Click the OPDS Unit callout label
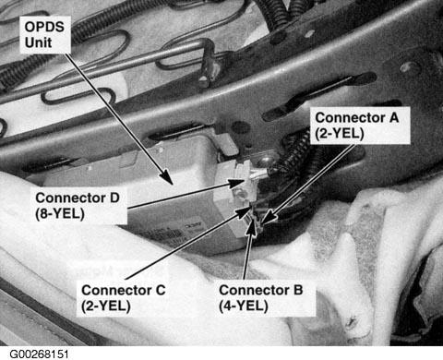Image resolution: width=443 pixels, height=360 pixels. pos(44,34)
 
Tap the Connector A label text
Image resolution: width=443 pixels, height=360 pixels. pos(357,126)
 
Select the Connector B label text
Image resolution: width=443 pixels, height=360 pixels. pos(261,298)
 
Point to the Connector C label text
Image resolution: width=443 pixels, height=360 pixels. pos(124,298)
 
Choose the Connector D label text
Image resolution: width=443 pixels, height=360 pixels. pos(78,206)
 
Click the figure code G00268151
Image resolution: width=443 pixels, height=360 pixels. pos(39,354)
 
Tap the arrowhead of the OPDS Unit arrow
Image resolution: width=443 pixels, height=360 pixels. pos(167,177)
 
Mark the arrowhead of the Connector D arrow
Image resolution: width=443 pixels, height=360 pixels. pos(238,184)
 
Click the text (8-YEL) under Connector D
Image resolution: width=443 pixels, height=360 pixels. pos(60,213)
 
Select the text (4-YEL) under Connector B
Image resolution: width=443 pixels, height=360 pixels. pos(244,306)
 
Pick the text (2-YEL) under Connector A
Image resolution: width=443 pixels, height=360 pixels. pos(340,134)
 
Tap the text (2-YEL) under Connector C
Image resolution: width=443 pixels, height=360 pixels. pos(106,306)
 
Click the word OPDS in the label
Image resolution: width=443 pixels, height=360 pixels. pos(44,27)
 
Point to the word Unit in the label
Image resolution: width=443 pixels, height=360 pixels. pos(38,42)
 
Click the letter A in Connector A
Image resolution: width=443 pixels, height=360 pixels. pos(394,118)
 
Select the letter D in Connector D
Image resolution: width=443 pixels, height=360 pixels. pos(114,198)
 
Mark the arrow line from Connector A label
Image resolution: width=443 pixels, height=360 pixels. pos(308,184)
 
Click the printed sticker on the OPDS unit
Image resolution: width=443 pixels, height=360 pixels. pos(173,234)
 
